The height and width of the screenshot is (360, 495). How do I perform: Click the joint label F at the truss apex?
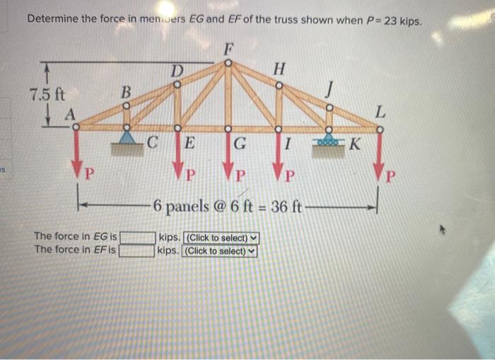click(x=228, y=49)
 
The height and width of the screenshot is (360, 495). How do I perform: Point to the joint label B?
click(x=126, y=92)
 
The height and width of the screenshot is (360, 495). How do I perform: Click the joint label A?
click(x=70, y=115)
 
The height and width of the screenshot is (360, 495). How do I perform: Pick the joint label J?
click(x=327, y=90)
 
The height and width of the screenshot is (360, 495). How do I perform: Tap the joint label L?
click(x=380, y=111)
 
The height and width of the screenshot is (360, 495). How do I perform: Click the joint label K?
click(x=355, y=146)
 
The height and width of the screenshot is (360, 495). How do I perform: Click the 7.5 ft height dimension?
click(x=45, y=93)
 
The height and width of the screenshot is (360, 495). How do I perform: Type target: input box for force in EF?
click(x=138, y=250)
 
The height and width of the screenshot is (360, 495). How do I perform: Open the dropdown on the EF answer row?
click(x=220, y=250)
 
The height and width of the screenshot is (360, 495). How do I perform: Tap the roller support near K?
click(x=328, y=141)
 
